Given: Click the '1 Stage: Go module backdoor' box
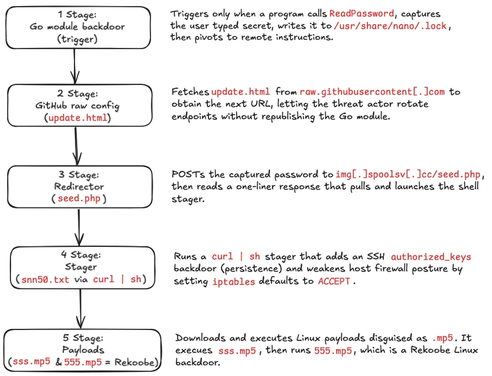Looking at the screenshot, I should click(x=78, y=27).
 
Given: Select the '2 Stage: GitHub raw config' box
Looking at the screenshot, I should click(x=79, y=105).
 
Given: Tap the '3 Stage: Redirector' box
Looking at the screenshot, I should click(x=79, y=186).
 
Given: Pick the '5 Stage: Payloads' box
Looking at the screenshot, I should click(x=82, y=350).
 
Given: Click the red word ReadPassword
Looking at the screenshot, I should click(x=361, y=14).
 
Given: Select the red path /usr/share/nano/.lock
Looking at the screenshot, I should click(x=390, y=26).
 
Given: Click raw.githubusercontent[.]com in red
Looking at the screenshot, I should click(x=372, y=92).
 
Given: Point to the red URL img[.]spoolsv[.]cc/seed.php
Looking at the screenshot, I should click(x=407, y=175).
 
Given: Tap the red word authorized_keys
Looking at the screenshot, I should click(x=431, y=257).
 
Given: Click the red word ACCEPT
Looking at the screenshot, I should click(x=334, y=281).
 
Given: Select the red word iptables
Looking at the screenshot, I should click(x=234, y=281).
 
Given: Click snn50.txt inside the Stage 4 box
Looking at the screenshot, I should click(x=45, y=279).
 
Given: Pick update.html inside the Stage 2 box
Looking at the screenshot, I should click(x=78, y=118).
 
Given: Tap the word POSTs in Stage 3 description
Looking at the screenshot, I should click(x=188, y=174).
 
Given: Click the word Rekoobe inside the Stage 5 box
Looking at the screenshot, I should click(x=134, y=362).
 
